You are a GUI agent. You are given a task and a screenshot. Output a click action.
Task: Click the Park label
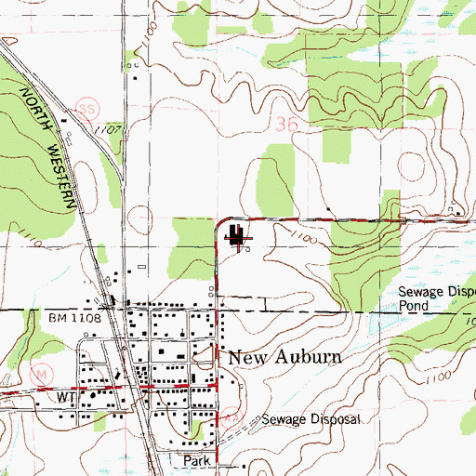196,460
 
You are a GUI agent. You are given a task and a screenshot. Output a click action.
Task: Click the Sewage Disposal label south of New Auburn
309,420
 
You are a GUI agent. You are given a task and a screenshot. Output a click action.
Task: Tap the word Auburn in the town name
307,357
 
